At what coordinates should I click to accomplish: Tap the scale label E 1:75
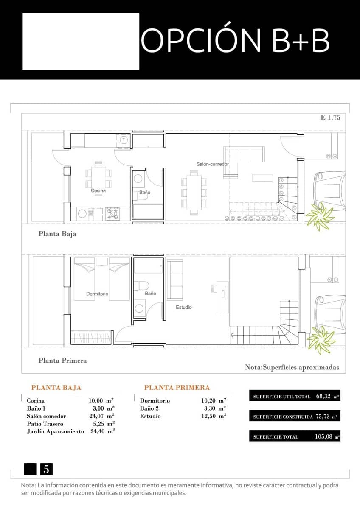click(x=330, y=118)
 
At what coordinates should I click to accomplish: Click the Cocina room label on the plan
click(x=98, y=190)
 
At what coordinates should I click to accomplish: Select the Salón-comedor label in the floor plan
click(x=212, y=164)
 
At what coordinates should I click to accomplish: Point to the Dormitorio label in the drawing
click(x=97, y=294)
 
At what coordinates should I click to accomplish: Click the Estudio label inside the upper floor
click(x=184, y=307)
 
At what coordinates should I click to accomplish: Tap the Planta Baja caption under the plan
click(x=57, y=234)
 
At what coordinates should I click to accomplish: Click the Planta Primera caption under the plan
click(x=62, y=361)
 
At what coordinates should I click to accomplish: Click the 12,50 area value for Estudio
click(x=208, y=416)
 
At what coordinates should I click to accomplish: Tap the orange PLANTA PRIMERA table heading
click(x=177, y=388)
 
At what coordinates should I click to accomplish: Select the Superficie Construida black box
click(x=295, y=417)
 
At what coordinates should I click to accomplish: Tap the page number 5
click(x=46, y=470)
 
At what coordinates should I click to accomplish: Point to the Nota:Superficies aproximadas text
click(x=292, y=367)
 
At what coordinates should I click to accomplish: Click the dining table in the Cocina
click(x=98, y=177)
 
